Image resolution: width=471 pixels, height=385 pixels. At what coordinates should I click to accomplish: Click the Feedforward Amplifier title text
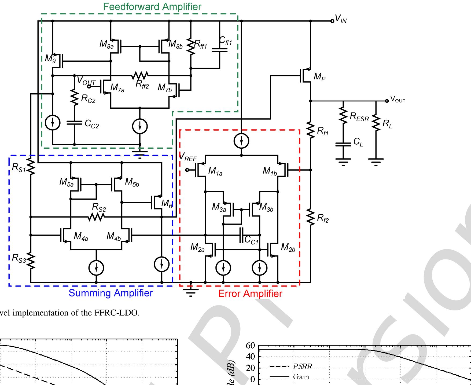coord(152,7)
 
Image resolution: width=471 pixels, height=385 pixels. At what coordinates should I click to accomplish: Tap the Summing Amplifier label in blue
coord(111,293)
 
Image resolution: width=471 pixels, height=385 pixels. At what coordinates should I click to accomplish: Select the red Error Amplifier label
coord(250,294)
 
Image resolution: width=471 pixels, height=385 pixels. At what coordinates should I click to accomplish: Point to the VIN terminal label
coord(341,19)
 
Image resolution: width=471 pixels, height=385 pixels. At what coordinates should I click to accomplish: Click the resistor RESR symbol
coord(343,116)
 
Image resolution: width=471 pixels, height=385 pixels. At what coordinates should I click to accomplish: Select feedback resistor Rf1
coord(311,131)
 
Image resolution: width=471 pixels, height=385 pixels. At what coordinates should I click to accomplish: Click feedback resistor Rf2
coord(311,218)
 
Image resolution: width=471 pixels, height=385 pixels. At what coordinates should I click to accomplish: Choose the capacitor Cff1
coord(219,50)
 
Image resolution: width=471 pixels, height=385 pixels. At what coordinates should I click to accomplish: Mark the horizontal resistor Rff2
coord(140,76)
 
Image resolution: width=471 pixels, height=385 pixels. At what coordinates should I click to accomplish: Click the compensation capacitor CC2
coord(74,123)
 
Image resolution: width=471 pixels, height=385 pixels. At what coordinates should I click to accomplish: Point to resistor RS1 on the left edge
coord(31,167)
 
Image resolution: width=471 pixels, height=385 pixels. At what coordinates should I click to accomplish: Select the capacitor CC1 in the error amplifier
coord(241,235)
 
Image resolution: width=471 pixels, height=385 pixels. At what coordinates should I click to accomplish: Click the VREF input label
coord(188,157)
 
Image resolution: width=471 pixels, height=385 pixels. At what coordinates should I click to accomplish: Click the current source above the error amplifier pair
coord(241,141)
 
